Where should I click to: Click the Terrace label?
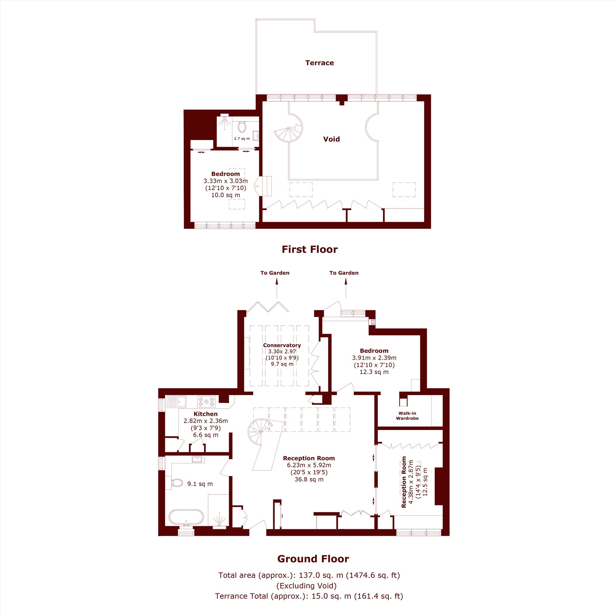[319, 63]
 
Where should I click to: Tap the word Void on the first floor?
[331, 139]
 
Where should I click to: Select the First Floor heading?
[309, 249]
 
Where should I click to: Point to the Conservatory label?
[282, 345]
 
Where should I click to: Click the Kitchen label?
[206, 414]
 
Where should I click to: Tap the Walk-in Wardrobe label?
[407, 416]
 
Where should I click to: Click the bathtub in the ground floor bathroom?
[186, 517]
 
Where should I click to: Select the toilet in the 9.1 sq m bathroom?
[176, 482]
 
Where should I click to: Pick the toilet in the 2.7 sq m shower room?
[242, 127]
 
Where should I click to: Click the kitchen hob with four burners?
[206, 401]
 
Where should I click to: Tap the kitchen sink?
[177, 402]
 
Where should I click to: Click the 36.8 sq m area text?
[309, 479]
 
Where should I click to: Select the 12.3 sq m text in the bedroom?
[374, 371]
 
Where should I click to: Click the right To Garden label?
[344, 273]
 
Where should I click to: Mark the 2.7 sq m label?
[242, 138]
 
